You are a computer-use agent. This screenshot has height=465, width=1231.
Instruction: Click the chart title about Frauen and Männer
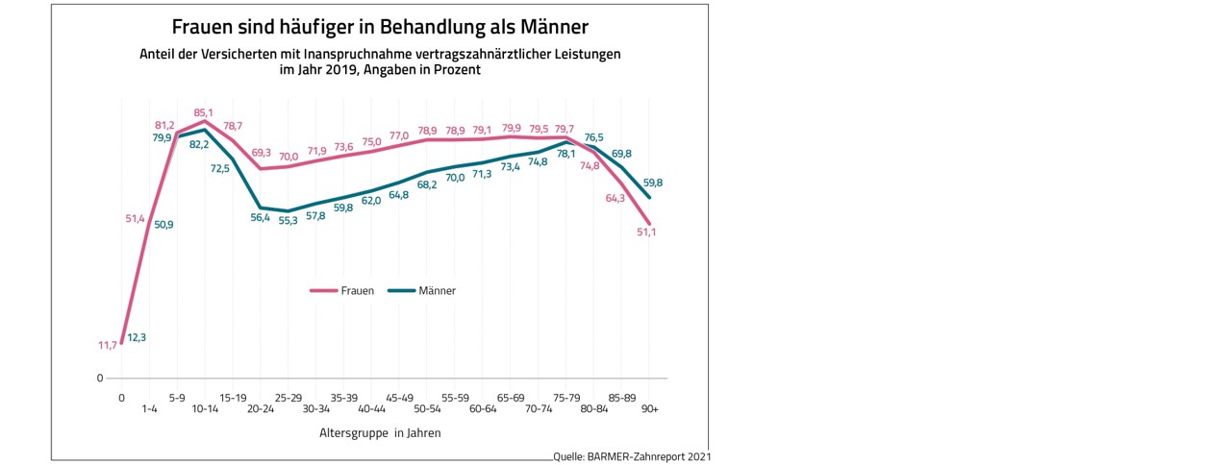pos(380,25)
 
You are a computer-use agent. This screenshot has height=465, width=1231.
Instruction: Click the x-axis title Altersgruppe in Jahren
pos(380,433)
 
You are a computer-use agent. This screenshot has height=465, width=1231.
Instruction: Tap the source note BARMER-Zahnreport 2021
pos(632,457)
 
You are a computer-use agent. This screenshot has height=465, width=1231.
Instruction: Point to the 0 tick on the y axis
pos(99,378)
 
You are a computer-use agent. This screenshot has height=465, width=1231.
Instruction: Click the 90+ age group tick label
pos(649,409)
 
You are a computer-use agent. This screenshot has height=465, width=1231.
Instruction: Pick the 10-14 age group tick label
pos(204,409)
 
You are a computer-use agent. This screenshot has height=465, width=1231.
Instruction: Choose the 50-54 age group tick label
pos(427,409)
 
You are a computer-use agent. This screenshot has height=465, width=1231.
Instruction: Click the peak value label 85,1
pos(204,112)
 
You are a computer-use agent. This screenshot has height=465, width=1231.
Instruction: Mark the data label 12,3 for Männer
pos(137,337)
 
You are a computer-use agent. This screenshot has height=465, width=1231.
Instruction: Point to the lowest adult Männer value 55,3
pos(288,221)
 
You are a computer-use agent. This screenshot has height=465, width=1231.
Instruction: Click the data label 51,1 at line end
pos(646,233)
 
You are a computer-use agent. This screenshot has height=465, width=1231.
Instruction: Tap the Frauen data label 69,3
pos(261,153)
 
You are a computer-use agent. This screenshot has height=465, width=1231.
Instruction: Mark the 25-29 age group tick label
pos(288,396)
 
